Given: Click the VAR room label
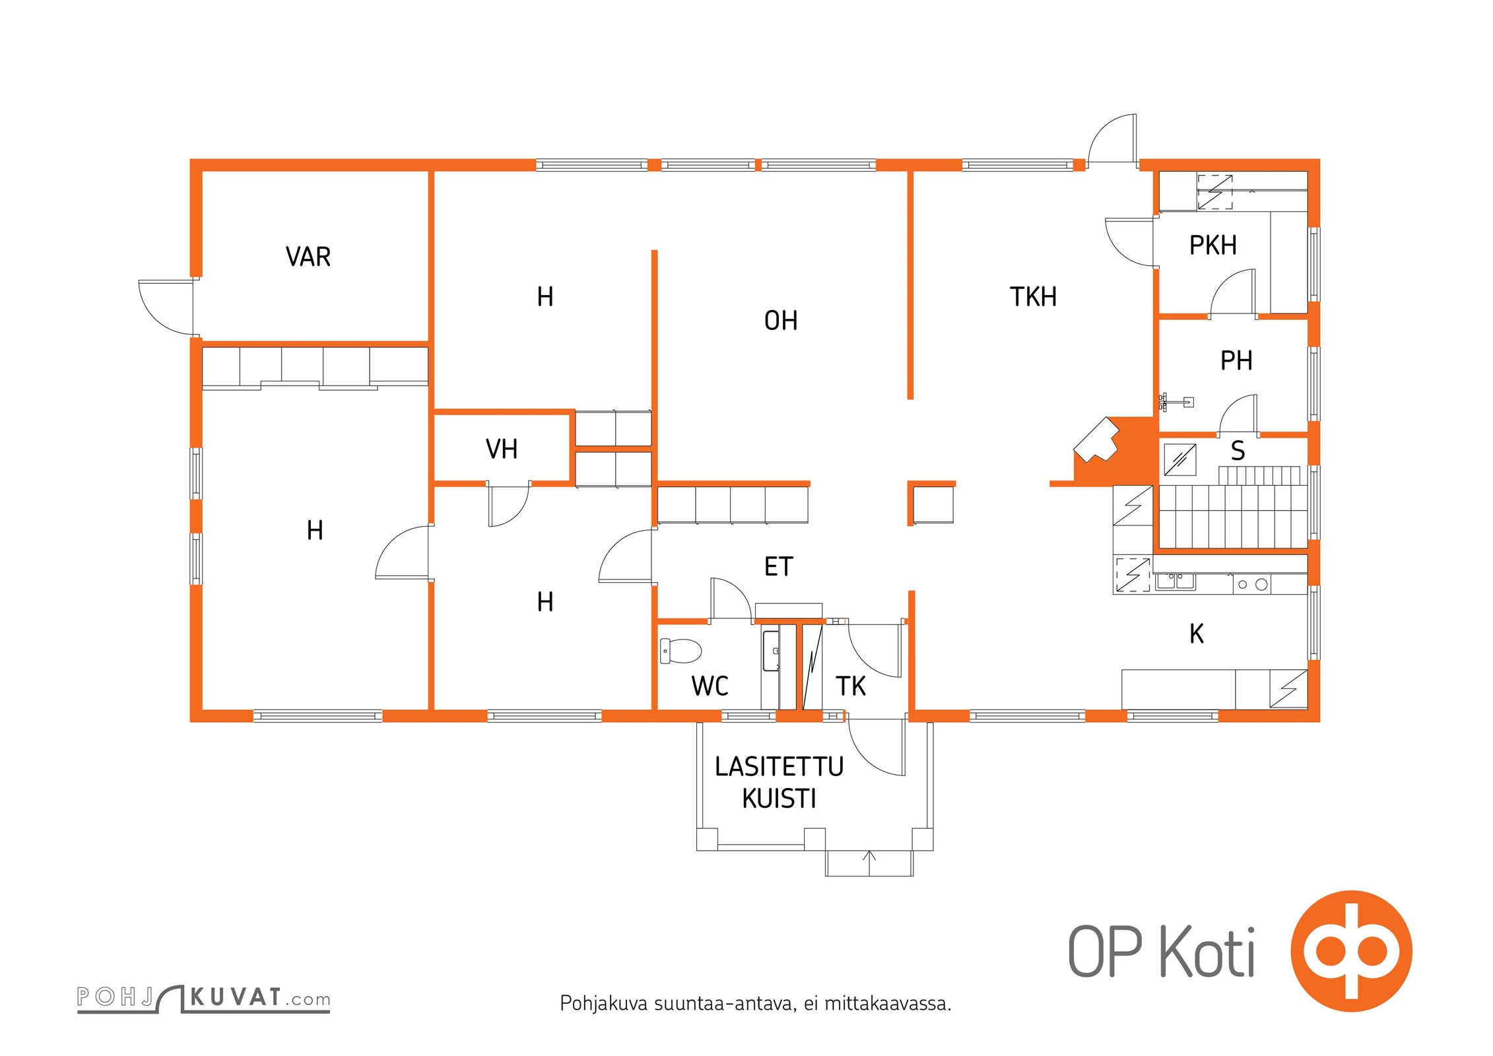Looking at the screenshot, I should click(308, 257).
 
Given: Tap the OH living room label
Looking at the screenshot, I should click(781, 321).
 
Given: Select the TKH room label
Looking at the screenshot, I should click(1033, 297).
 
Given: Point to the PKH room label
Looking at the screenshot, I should click(1212, 246).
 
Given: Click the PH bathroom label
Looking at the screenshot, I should click(1236, 361).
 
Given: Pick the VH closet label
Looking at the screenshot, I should click(501, 449).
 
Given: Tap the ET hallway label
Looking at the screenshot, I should click(778, 567).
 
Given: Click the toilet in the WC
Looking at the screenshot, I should click(680, 651).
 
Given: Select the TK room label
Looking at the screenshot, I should click(850, 686).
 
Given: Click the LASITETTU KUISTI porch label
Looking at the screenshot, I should click(779, 783).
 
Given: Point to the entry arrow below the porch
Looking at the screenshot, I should click(869, 858).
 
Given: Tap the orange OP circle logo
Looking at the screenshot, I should click(1351, 950).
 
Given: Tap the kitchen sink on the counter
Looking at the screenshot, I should click(1175, 581).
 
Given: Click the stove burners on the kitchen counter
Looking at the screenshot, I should click(1251, 584).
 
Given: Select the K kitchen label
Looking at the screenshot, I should click(1196, 634).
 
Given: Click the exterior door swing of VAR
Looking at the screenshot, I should click(165, 307).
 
